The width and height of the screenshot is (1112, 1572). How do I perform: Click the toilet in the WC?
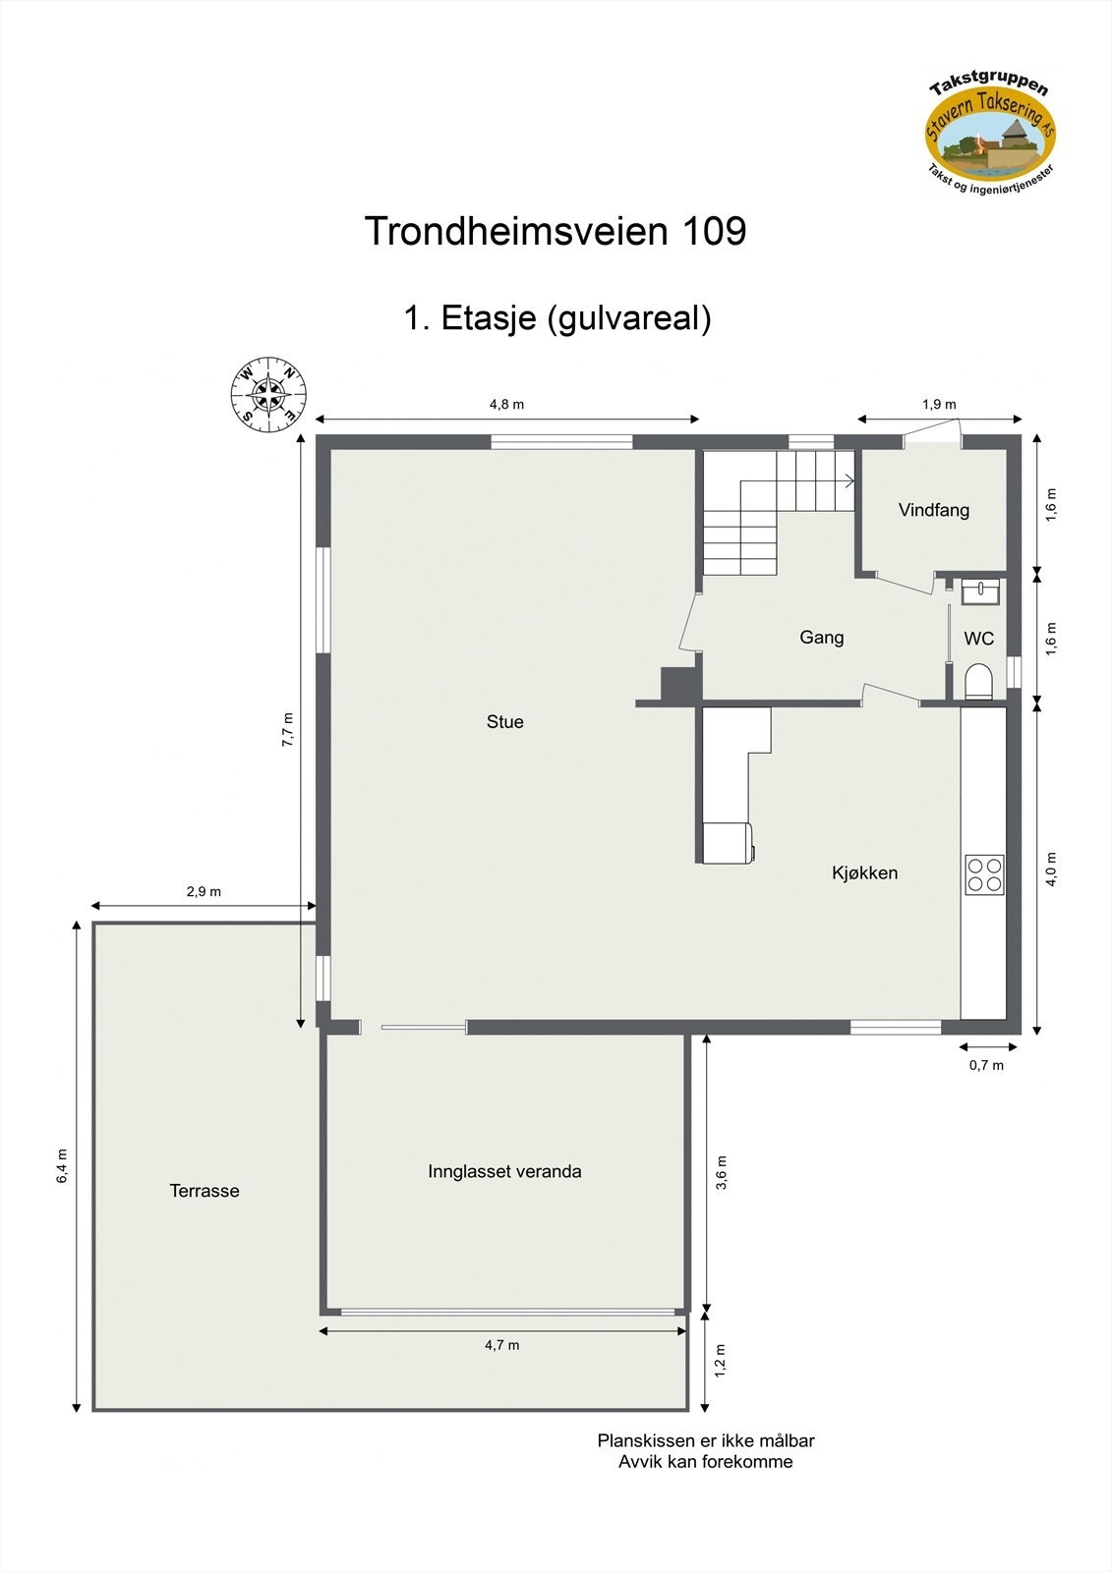(x=978, y=681)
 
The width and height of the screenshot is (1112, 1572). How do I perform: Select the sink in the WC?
(x=979, y=591)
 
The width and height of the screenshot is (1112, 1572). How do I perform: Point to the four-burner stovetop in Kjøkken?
(x=984, y=874)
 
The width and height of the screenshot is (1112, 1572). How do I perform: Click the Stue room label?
(x=505, y=722)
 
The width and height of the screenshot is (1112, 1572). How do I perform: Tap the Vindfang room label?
(x=933, y=510)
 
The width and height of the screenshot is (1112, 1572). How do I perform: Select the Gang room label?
(x=821, y=638)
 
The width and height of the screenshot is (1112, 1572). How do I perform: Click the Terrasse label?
(x=205, y=1191)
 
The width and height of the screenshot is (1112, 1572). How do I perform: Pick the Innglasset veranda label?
(x=504, y=1171)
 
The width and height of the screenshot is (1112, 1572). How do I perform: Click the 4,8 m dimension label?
(x=506, y=404)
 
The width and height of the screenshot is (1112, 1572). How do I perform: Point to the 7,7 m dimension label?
(x=287, y=730)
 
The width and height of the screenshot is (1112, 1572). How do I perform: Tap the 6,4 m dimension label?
(x=62, y=1165)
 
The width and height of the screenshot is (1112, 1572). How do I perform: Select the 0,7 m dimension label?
(x=986, y=1065)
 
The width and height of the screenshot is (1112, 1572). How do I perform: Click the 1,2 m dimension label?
(x=720, y=1361)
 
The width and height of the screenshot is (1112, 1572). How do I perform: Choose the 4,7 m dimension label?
(x=501, y=1345)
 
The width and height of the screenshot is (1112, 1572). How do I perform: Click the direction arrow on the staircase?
(x=846, y=480)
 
